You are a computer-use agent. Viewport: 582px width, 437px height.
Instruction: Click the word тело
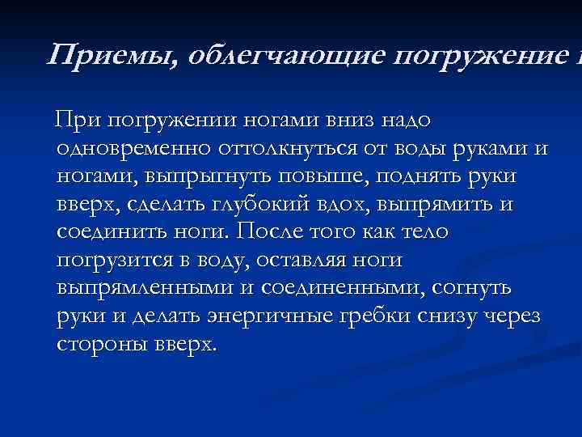[x=425, y=233]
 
